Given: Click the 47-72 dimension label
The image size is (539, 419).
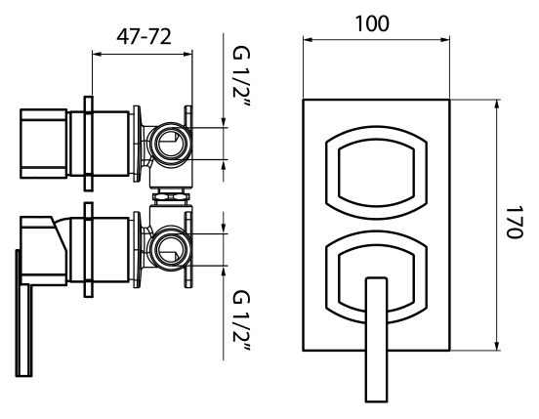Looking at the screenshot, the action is [144, 37].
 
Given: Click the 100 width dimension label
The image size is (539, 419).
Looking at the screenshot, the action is [372, 23].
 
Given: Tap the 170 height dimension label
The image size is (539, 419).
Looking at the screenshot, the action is [515, 222].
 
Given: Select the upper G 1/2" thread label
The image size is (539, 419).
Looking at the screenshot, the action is [241, 76].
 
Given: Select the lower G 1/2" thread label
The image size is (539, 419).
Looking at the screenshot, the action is [241, 321].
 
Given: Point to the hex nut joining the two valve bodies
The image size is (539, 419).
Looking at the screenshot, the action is [171, 196].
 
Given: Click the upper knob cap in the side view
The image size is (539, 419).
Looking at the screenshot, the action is [44, 144].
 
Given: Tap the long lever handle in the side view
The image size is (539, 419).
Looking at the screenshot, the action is [24, 313].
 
